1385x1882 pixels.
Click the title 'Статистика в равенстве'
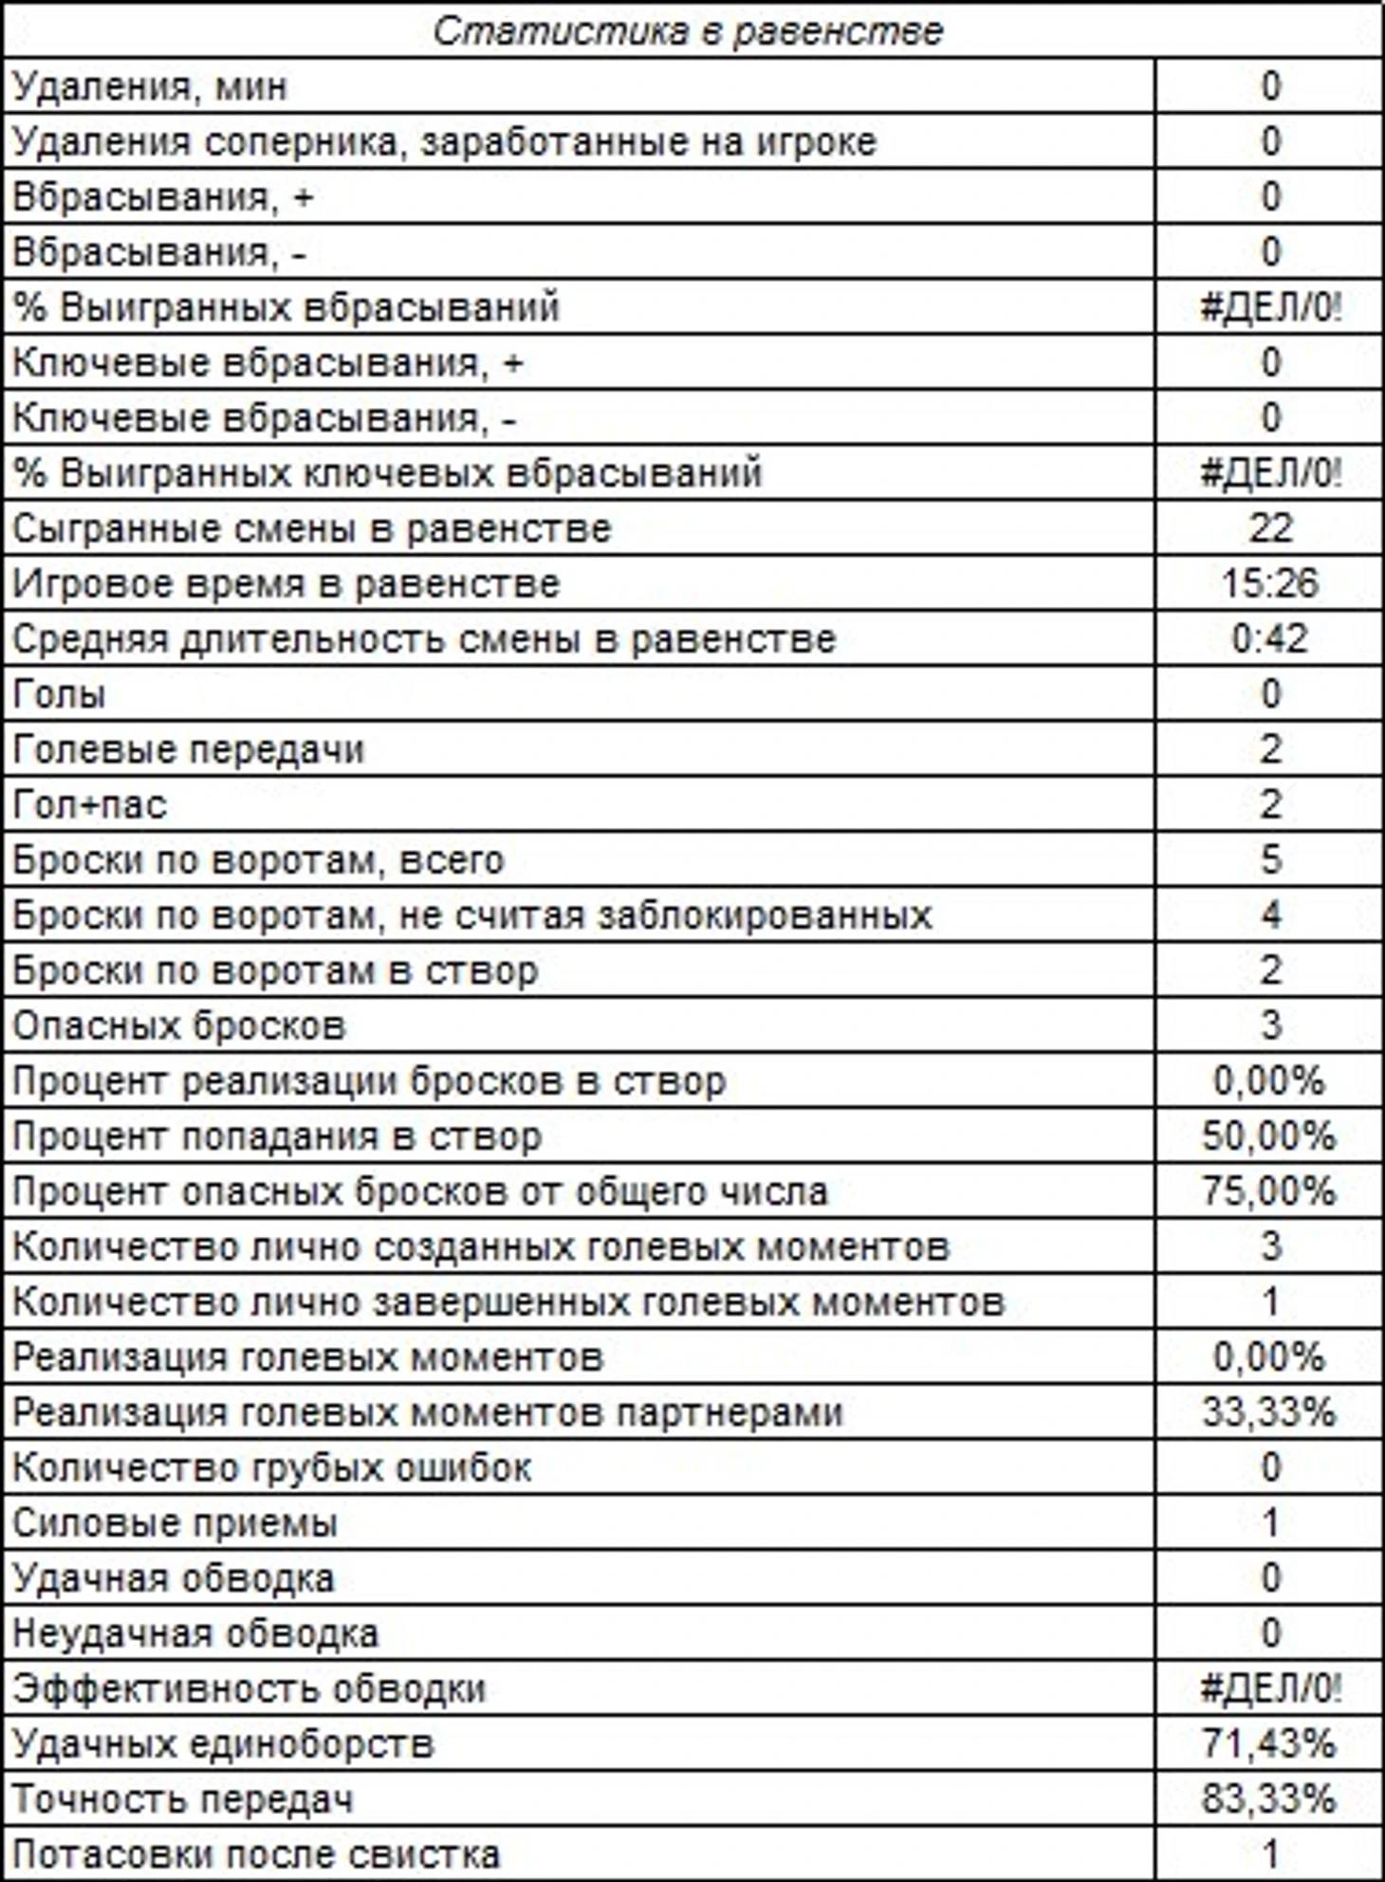pos(689,32)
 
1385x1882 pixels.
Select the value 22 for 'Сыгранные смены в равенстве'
pos(1270,528)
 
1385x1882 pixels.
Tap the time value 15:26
pos(1270,583)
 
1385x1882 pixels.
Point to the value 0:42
pos(1270,638)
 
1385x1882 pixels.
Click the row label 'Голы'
pos(59,694)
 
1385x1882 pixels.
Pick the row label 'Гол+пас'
pos(90,805)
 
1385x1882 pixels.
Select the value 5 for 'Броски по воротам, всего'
pos(1271,860)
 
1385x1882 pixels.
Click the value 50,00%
pos(1269,1136)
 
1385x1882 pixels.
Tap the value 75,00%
pos(1269,1191)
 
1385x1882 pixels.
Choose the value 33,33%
pos(1269,1412)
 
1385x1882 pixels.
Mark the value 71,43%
pos(1269,1744)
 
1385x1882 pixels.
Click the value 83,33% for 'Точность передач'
pos(1269,1799)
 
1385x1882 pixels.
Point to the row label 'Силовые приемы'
pos(175,1523)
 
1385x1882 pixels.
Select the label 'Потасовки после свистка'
pos(256,1854)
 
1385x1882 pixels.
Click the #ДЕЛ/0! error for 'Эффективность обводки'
pos(1271,1688)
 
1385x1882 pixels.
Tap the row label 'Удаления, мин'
pos(150,87)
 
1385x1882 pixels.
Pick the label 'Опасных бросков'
pos(179,1026)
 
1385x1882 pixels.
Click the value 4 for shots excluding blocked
pos(1271,915)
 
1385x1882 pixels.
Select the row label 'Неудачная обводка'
pos(195,1633)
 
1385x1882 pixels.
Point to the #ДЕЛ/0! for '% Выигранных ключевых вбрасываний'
pos(1271,473)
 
